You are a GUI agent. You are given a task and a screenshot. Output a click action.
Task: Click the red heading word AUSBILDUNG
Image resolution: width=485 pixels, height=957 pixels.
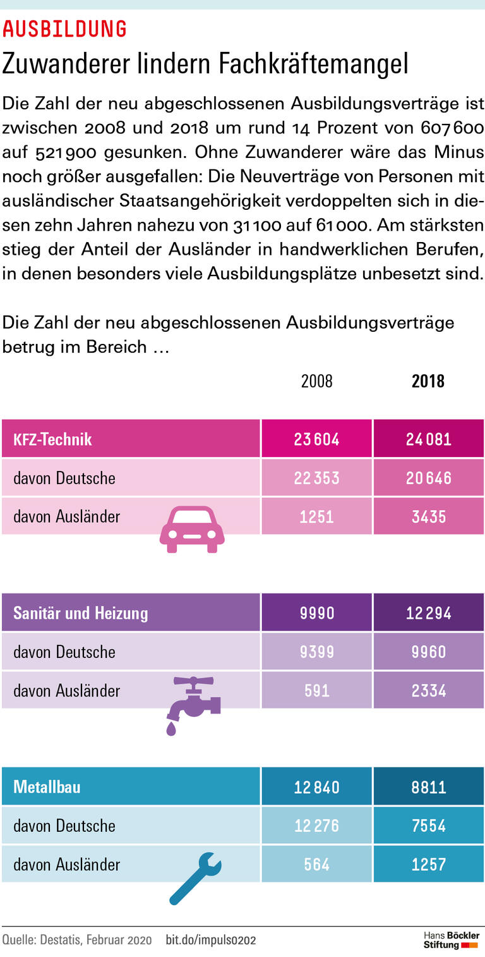click(65, 28)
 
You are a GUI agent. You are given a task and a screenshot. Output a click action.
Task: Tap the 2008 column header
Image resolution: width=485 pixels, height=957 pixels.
click(316, 381)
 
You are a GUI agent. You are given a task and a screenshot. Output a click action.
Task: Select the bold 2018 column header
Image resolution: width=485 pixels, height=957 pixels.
click(428, 381)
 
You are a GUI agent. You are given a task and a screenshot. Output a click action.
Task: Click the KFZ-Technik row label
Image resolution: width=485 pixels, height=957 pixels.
click(52, 439)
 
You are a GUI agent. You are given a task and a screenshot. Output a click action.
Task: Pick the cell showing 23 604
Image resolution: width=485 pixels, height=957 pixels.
click(316, 439)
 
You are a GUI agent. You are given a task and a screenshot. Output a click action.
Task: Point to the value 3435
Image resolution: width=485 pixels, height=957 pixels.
click(429, 516)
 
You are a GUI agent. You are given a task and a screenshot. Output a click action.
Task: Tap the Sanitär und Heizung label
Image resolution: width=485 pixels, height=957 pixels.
click(80, 613)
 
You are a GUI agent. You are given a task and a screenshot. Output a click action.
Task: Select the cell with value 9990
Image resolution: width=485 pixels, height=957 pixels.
click(316, 613)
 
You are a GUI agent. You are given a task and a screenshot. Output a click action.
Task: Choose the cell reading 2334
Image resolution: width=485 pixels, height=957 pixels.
click(429, 690)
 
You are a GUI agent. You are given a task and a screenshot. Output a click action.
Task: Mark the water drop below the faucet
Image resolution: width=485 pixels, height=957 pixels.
click(172, 729)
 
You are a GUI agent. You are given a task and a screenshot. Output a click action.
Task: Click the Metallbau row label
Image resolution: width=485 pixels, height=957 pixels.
click(47, 788)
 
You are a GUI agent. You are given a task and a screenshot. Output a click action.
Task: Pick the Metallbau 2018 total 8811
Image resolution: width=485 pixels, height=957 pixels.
click(429, 787)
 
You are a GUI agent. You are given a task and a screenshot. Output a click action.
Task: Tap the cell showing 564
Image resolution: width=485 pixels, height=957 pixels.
click(316, 864)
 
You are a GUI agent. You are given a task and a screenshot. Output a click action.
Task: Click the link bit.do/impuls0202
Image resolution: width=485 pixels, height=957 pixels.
click(211, 940)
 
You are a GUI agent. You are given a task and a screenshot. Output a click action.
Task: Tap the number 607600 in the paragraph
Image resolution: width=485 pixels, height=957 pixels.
click(452, 127)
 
